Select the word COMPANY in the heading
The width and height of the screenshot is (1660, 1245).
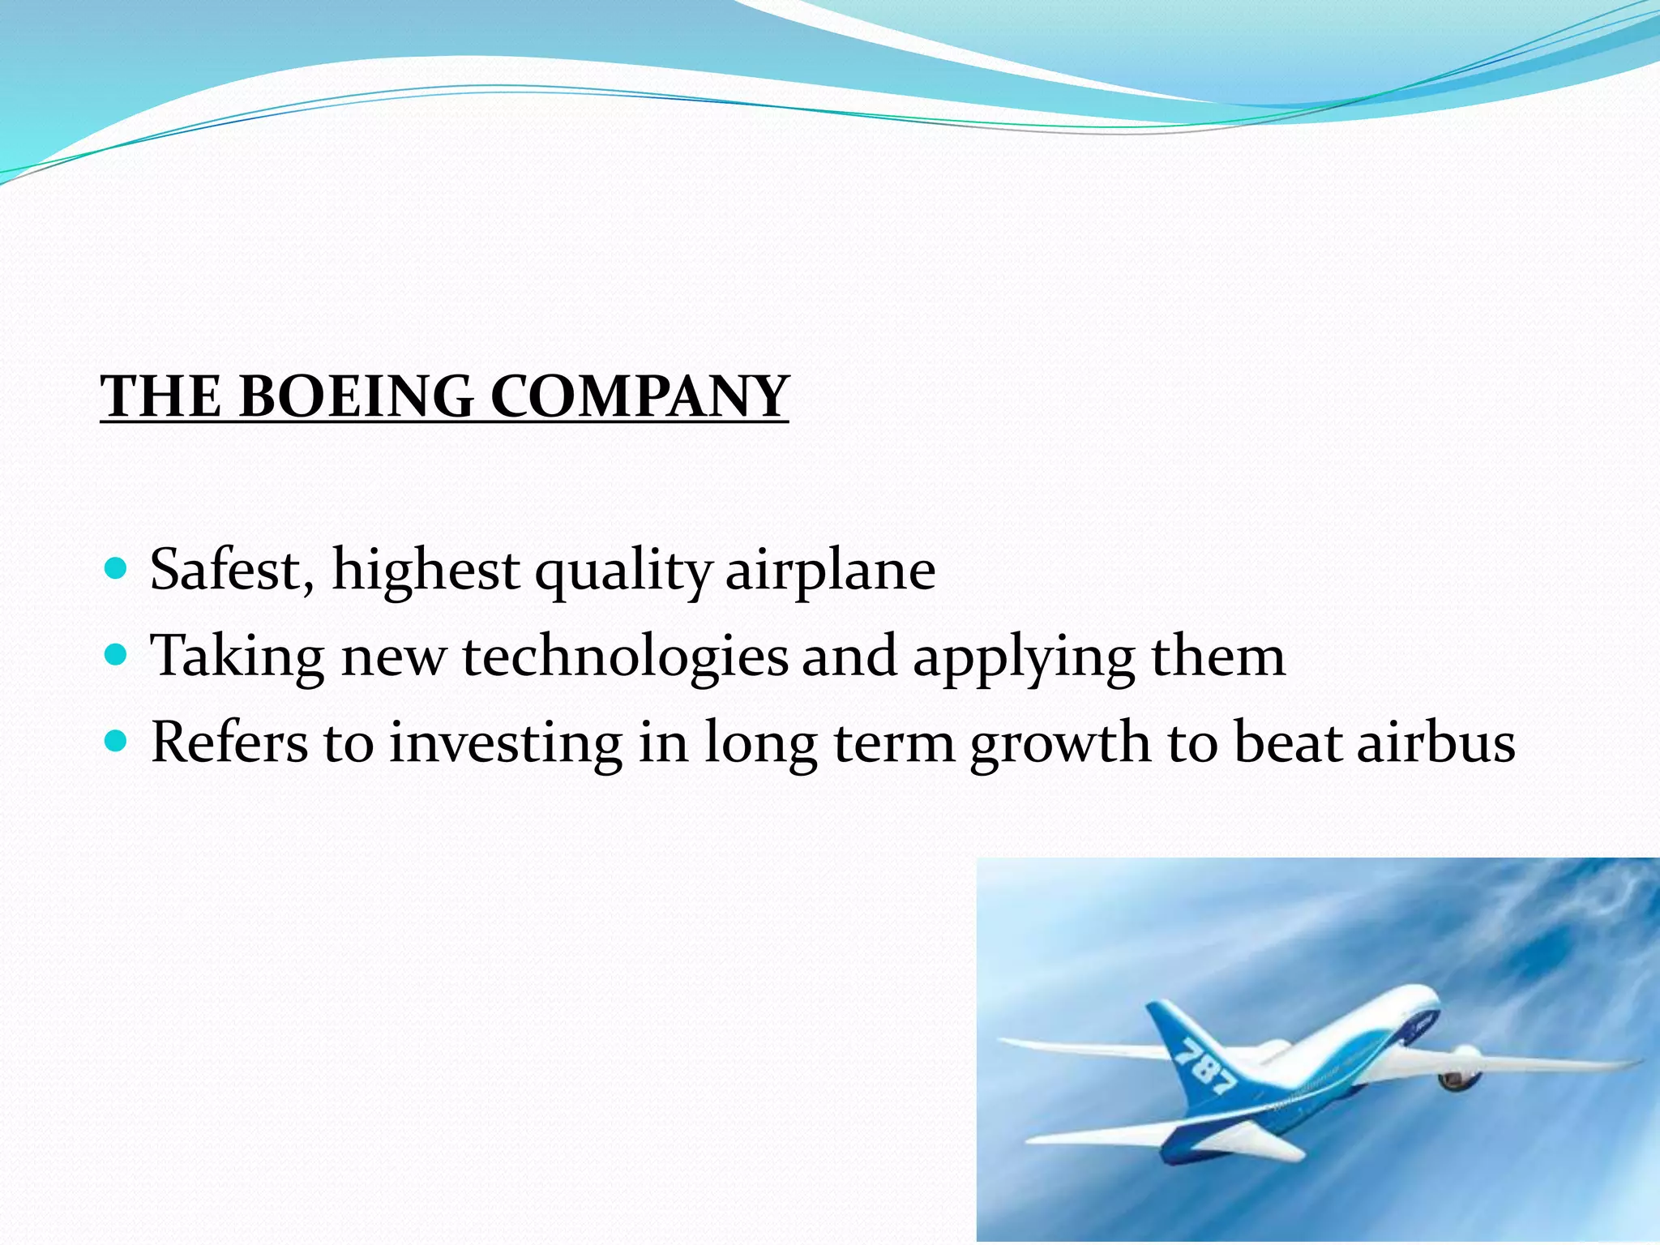(640, 397)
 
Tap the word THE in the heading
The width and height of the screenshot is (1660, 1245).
(160, 397)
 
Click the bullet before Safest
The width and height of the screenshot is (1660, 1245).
(117, 568)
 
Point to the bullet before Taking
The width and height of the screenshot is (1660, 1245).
(117, 654)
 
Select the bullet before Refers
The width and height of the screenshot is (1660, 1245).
(117, 740)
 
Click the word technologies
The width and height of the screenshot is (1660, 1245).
(625, 657)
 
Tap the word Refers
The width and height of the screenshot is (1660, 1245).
(229, 742)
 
